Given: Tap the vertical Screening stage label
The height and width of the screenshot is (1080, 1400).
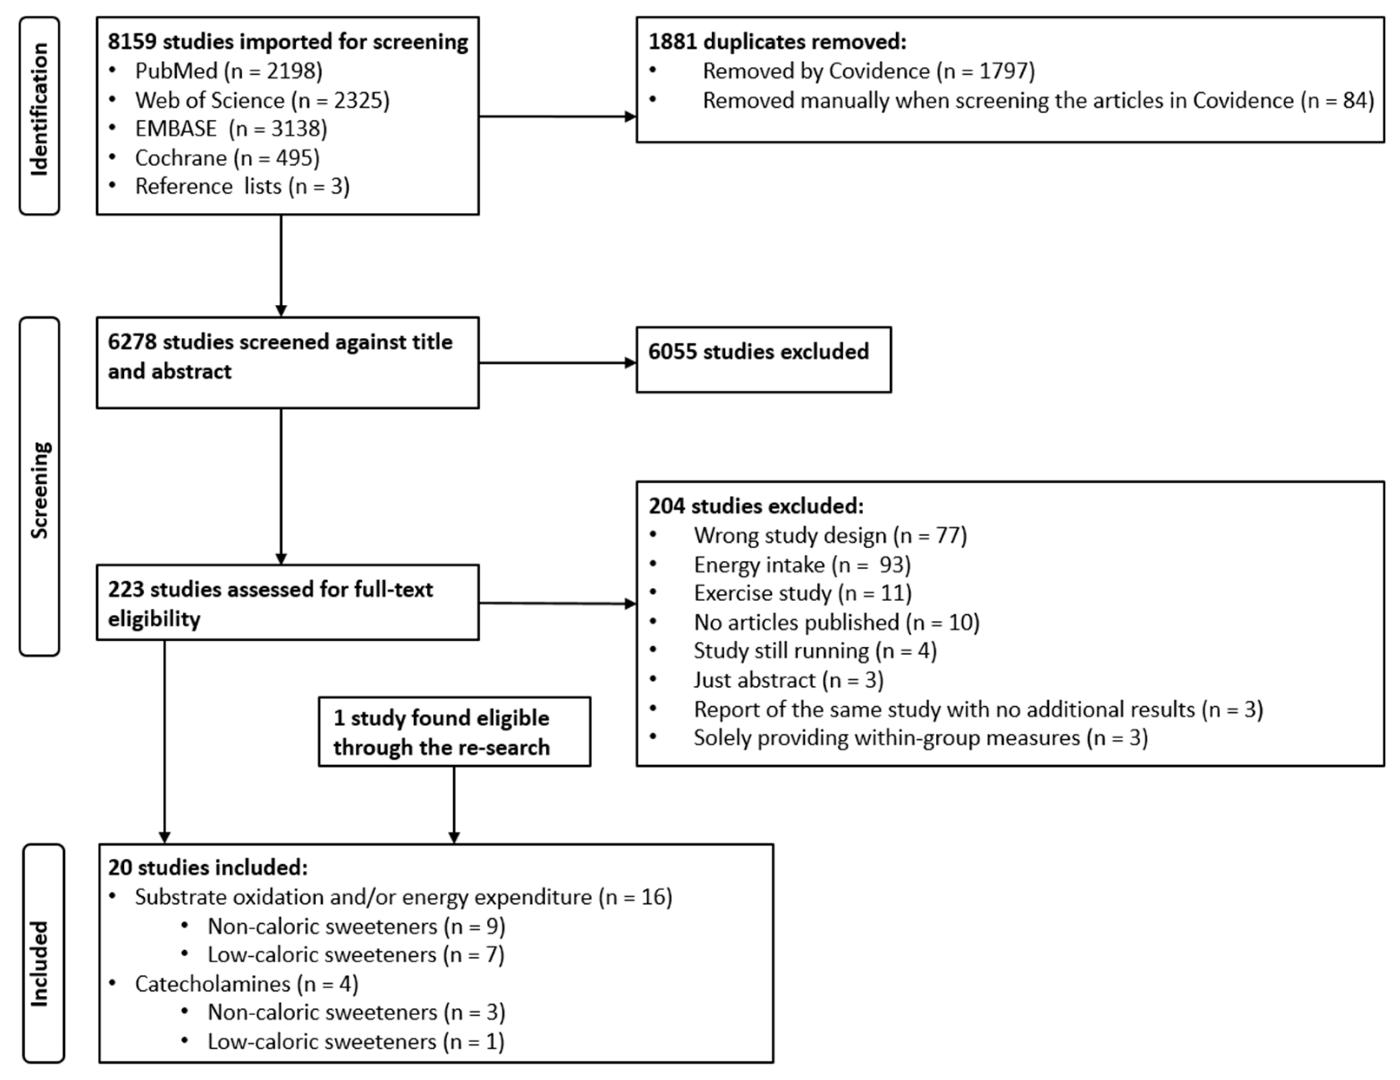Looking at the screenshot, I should (x=39, y=487).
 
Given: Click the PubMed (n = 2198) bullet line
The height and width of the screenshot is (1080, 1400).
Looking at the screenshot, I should (x=228, y=70).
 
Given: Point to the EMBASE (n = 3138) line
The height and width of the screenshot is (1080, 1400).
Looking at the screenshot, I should (x=231, y=129).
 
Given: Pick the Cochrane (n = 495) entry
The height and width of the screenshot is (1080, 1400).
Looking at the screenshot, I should (x=227, y=158).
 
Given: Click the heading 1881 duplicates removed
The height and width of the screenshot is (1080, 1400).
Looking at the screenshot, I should (x=777, y=42).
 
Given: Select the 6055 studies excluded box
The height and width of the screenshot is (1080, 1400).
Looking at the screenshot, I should (x=763, y=359).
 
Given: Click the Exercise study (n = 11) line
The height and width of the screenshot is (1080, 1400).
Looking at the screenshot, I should (x=802, y=593).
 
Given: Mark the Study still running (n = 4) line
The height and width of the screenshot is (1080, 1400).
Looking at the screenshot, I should (x=815, y=651).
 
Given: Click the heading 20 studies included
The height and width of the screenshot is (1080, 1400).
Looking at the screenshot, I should (x=208, y=867).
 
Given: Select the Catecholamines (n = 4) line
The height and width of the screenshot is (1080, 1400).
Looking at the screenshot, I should (x=246, y=984).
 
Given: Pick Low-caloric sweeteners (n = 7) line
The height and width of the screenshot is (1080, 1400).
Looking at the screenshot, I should (x=356, y=955).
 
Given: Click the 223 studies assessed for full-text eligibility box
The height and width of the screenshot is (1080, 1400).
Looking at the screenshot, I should (x=287, y=603).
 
